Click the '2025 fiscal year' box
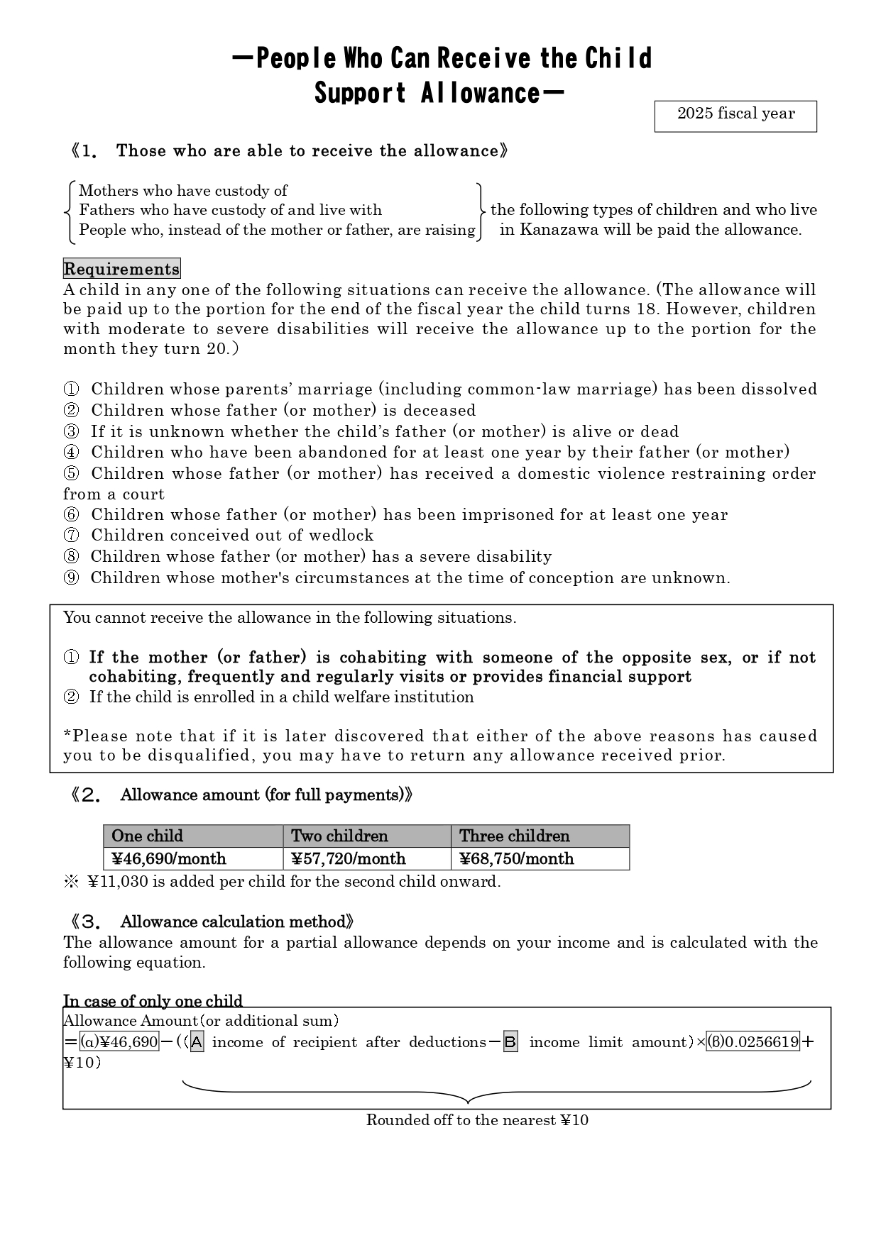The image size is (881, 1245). pos(735,116)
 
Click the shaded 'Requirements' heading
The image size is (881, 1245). pos(121,269)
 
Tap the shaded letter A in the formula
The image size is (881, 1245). pos(197,1042)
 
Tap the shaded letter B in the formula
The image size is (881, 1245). pos(510,1042)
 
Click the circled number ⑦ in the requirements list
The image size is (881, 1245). pos(71,536)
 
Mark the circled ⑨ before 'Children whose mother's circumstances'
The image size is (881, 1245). pos(71,578)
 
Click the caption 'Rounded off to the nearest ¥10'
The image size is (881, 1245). pos(477,1120)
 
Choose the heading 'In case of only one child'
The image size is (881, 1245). pos(153,1001)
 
